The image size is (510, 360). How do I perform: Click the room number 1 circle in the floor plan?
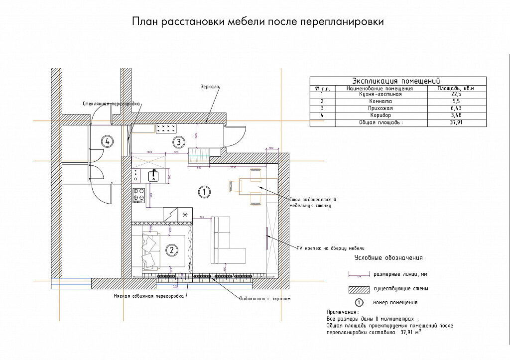pyautogui.click(x=203, y=191)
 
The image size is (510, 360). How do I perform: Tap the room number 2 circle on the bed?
pyautogui.click(x=171, y=250)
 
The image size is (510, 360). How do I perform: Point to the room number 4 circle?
pyautogui.click(x=106, y=142)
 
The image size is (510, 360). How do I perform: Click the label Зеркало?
pyautogui.click(x=210, y=87)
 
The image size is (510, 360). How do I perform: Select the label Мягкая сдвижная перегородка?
pyautogui.click(x=148, y=296)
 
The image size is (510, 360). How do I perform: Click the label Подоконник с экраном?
pyautogui.click(x=265, y=299)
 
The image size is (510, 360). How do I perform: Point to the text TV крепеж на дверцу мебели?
pyautogui.click(x=331, y=247)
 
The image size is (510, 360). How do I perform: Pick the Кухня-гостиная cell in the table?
pyautogui.click(x=380, y=94)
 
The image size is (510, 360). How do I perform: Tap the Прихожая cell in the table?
pyautogui.click(x=380, y=108)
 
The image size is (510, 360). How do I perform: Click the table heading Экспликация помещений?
pyautogui.click(x=396, y=81)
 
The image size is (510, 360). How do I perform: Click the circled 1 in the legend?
pyautogui.click(x=359, y=302)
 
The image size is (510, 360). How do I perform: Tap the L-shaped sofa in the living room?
pyautogui.click(x=224, y=241)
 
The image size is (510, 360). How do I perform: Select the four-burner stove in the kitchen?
pyautogui.click(x=138, y=195)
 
